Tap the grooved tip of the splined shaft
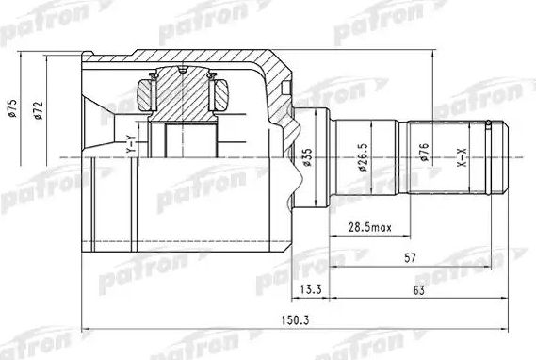(503, 155)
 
